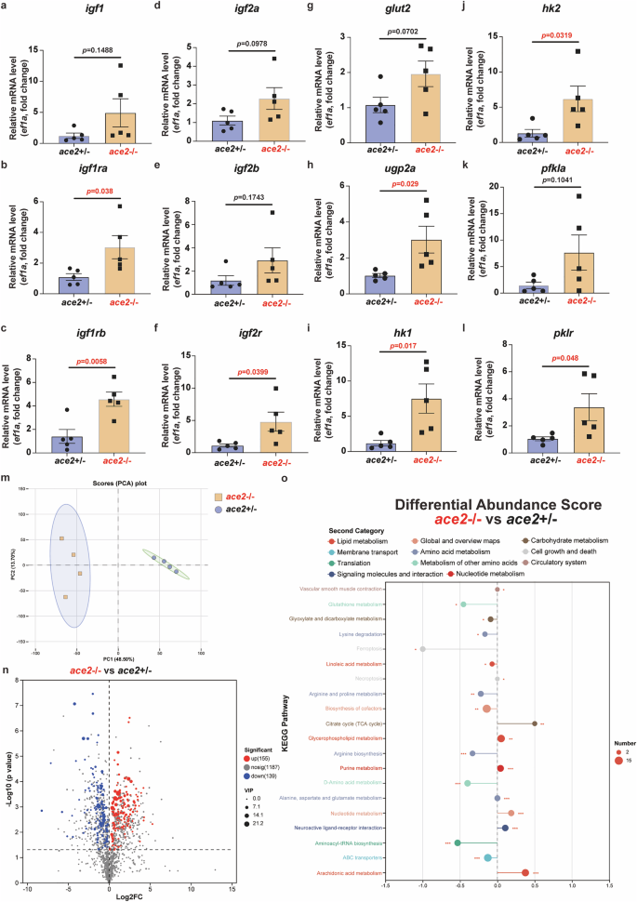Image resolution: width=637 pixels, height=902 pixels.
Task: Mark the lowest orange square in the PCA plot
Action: [66, 597]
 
